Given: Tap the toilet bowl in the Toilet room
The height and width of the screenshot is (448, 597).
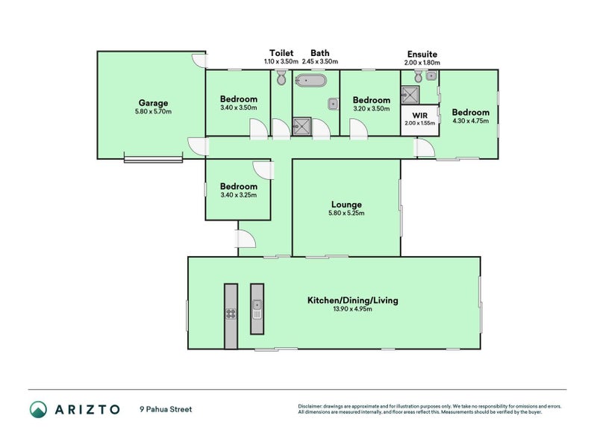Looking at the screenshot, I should (281, 78).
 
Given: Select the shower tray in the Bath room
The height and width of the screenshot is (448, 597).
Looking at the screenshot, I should (301, 125).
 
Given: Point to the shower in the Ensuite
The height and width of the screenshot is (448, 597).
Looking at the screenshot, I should (410, 94).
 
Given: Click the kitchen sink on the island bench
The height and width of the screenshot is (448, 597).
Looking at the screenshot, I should (257, 305).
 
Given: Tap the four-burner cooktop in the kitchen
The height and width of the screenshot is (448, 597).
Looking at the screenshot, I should (231, 314).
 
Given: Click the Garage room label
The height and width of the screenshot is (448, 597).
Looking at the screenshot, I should (153, 103).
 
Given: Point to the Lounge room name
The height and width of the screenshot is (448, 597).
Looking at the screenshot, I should (346, 204).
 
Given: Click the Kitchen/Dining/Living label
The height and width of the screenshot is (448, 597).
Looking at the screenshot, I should (352, 300).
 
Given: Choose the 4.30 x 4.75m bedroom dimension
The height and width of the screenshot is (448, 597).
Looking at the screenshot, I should (470, 121).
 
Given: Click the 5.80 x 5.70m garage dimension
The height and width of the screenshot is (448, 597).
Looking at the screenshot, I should (153, 112).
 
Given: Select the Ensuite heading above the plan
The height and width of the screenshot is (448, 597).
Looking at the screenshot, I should (422, 54).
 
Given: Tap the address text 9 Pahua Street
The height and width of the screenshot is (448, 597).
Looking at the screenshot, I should (165, 409).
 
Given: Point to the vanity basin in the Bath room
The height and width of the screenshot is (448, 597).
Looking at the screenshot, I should (333, 104).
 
